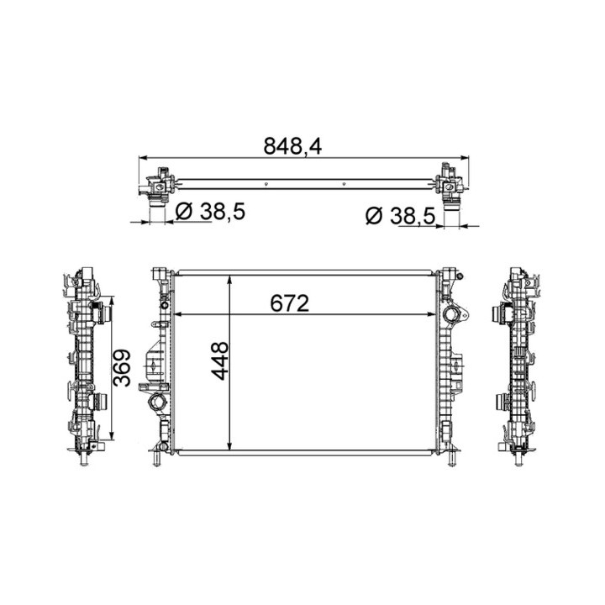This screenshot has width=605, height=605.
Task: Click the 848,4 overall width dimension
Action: point(292,146)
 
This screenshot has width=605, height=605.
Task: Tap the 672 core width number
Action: point(290,303)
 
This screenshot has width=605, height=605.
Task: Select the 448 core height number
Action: point(220,360)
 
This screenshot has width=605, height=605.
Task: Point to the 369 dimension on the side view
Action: point(122,368)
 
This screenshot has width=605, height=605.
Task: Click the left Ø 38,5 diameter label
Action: point(210,212)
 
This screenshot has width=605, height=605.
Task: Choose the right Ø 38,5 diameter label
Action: point(400,216)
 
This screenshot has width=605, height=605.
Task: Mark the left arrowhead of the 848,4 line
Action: point(143,157)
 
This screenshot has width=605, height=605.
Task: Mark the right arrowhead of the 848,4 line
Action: point(464,157)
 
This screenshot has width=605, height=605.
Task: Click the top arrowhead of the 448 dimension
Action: point(230,280)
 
